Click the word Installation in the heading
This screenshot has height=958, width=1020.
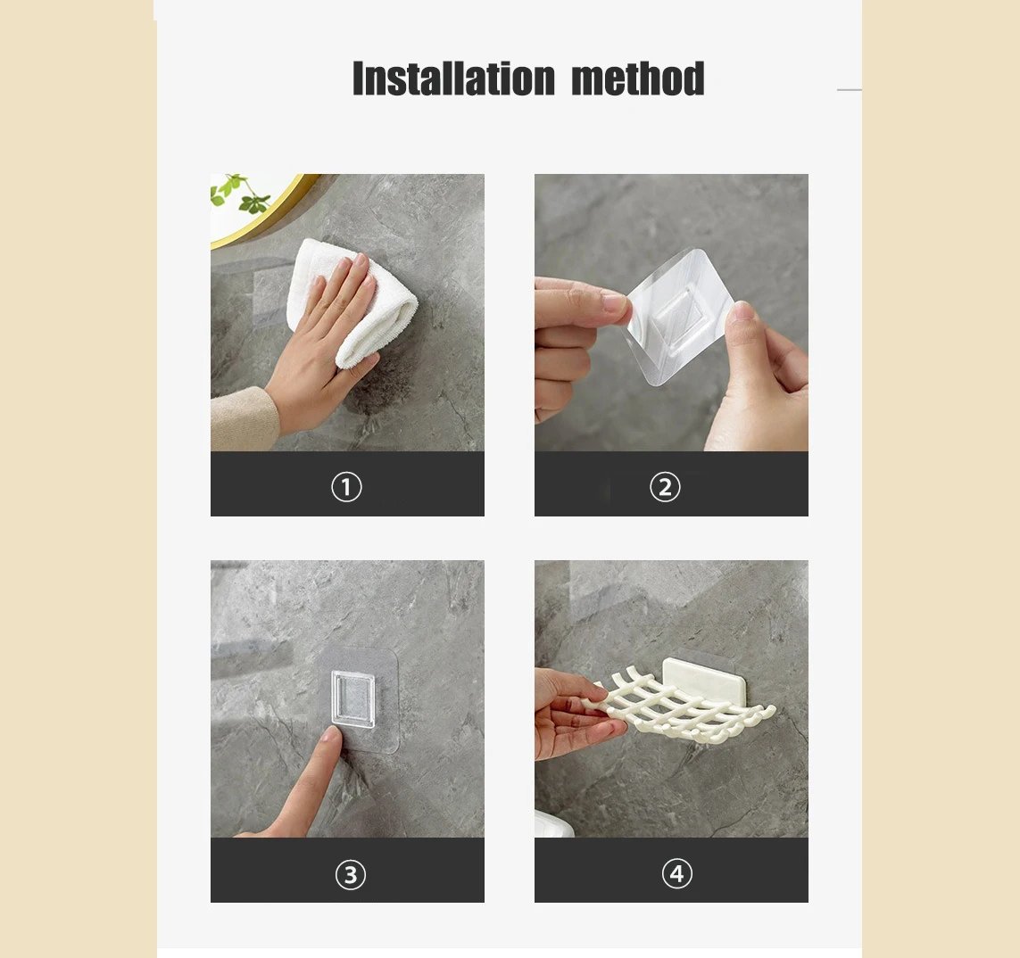(x=453, y=78)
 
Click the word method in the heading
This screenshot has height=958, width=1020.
(x=637, y=78)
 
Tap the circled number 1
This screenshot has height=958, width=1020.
(x=347, y=487)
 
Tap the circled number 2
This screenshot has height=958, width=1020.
(x=665, y=487)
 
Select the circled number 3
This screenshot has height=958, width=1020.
(x=350, y=875)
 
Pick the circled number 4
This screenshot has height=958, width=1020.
(x=676, y=873)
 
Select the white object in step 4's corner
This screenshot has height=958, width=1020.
(x=553, y=825)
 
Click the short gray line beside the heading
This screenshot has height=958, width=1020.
(x=849, y=90)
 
